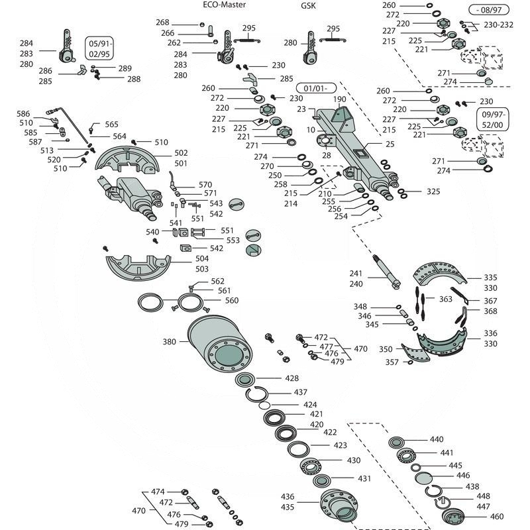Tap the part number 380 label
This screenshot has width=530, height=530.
click(x=170, y=343)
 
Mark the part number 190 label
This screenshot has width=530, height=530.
click(x=339, y=99)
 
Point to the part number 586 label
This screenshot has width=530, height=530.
click(x=24, y=114)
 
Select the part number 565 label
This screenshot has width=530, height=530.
click(x=111, y=125)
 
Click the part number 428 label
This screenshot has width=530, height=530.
click(x=291, y=378)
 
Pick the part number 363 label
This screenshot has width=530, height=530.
click(x=446, y=299)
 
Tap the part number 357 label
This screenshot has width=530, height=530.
click(x=393, y=362)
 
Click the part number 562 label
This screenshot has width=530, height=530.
click(x=218, y=281)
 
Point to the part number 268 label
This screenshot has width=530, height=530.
click(x=163, y=23)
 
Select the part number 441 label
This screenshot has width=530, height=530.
click(x=447, y=453)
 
